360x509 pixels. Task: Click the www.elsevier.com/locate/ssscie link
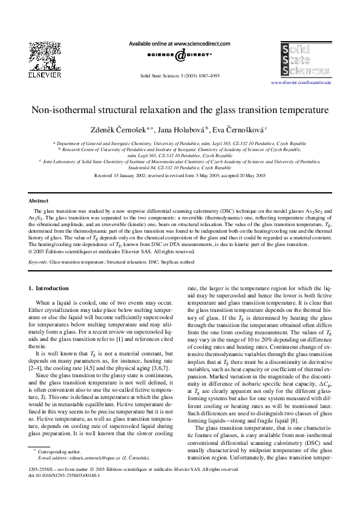(301, 82)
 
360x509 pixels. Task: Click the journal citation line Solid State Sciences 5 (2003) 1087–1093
(180, 77)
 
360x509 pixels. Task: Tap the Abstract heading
(38, 201)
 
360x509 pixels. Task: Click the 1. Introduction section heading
(48, 288)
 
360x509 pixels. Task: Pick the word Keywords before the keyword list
(38, 263)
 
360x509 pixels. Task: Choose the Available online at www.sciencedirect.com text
(180, 44)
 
